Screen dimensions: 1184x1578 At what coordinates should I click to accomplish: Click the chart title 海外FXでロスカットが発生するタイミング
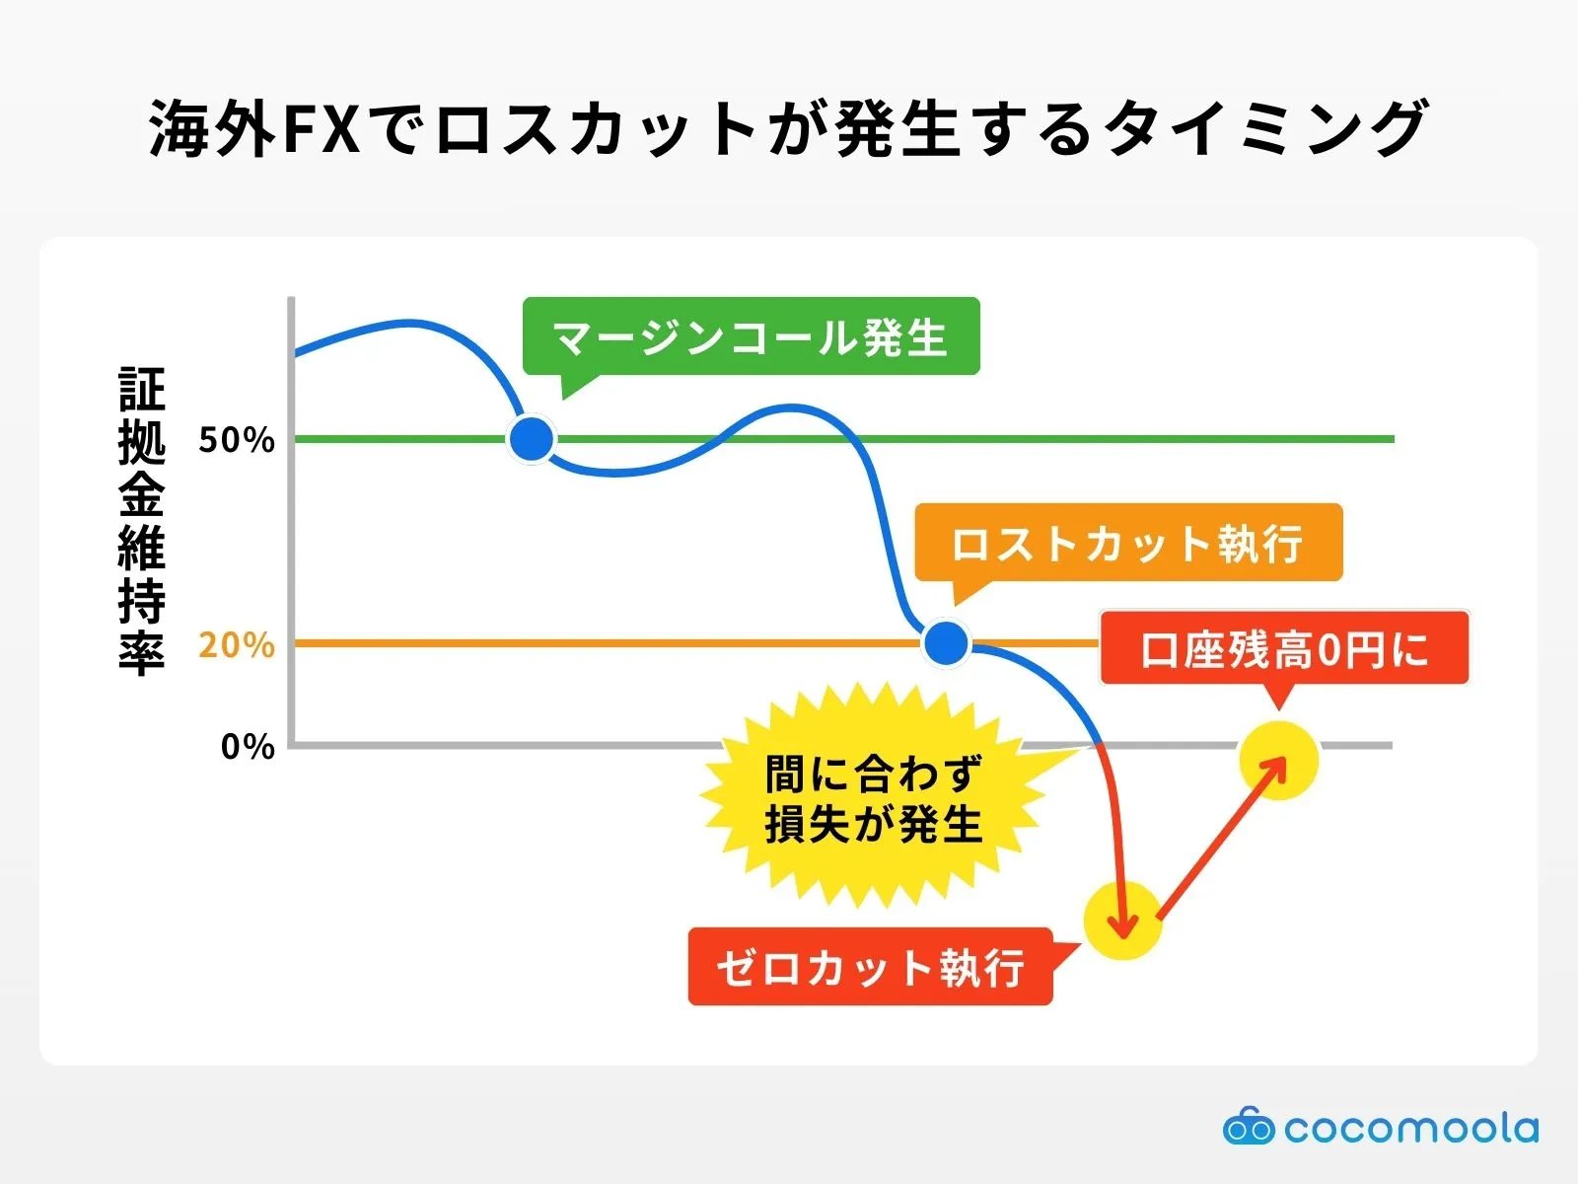tap(788, 128)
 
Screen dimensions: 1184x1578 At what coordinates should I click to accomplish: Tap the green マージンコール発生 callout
tap(751, 337)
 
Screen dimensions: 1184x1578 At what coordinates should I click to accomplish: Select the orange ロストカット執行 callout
tap(1128, 544)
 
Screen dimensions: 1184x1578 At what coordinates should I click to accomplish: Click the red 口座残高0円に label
tap(1284, 649)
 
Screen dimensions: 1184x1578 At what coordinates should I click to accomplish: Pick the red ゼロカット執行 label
tap(870, 967)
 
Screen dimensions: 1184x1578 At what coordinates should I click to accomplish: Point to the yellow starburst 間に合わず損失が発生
tap(874, 799)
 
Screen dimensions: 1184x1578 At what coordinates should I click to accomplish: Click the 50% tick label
tap(237, 440)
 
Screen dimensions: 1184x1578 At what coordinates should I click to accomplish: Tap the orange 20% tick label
tap(237, 645)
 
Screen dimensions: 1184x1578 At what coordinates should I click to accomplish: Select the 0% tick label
tap(248, 746)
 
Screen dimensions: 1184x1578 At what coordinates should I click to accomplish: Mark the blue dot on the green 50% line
tap(532, 439)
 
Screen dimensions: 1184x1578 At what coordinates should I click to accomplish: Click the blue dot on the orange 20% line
tap(947, 643)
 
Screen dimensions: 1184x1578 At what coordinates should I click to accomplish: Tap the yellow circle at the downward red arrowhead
tap(1122, 921)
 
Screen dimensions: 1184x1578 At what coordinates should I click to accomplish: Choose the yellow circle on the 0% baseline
tap(1278, 760)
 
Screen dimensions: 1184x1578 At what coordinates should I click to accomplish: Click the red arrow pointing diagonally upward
tap(1221, 839)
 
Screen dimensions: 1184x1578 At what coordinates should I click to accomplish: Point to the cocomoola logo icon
tap(1249, 1127)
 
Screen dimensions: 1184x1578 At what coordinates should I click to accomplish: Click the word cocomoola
tap(1411, 1128)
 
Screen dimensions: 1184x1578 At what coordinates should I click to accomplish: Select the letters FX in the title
tap(322, 129)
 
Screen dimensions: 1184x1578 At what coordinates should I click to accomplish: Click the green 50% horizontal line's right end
tap(1391, 439)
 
